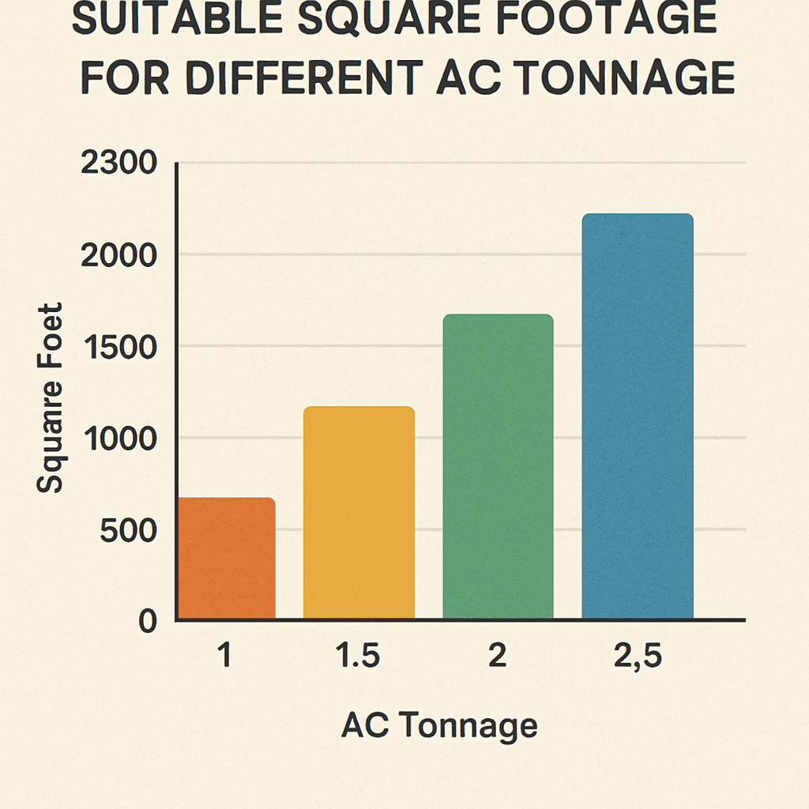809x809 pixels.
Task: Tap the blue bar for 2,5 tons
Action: tap(637, 416)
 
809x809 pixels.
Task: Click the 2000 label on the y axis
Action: tap(119, 255)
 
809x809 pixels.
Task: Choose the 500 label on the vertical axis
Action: tap(129, 530)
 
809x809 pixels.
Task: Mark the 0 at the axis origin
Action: tap(148, 622)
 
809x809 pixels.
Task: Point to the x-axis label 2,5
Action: tap(637, 657)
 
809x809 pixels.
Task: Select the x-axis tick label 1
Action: tap(227, 657)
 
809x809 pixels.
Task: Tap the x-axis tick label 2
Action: tap(498, 657)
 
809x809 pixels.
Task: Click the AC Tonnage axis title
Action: tap(439, 725)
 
